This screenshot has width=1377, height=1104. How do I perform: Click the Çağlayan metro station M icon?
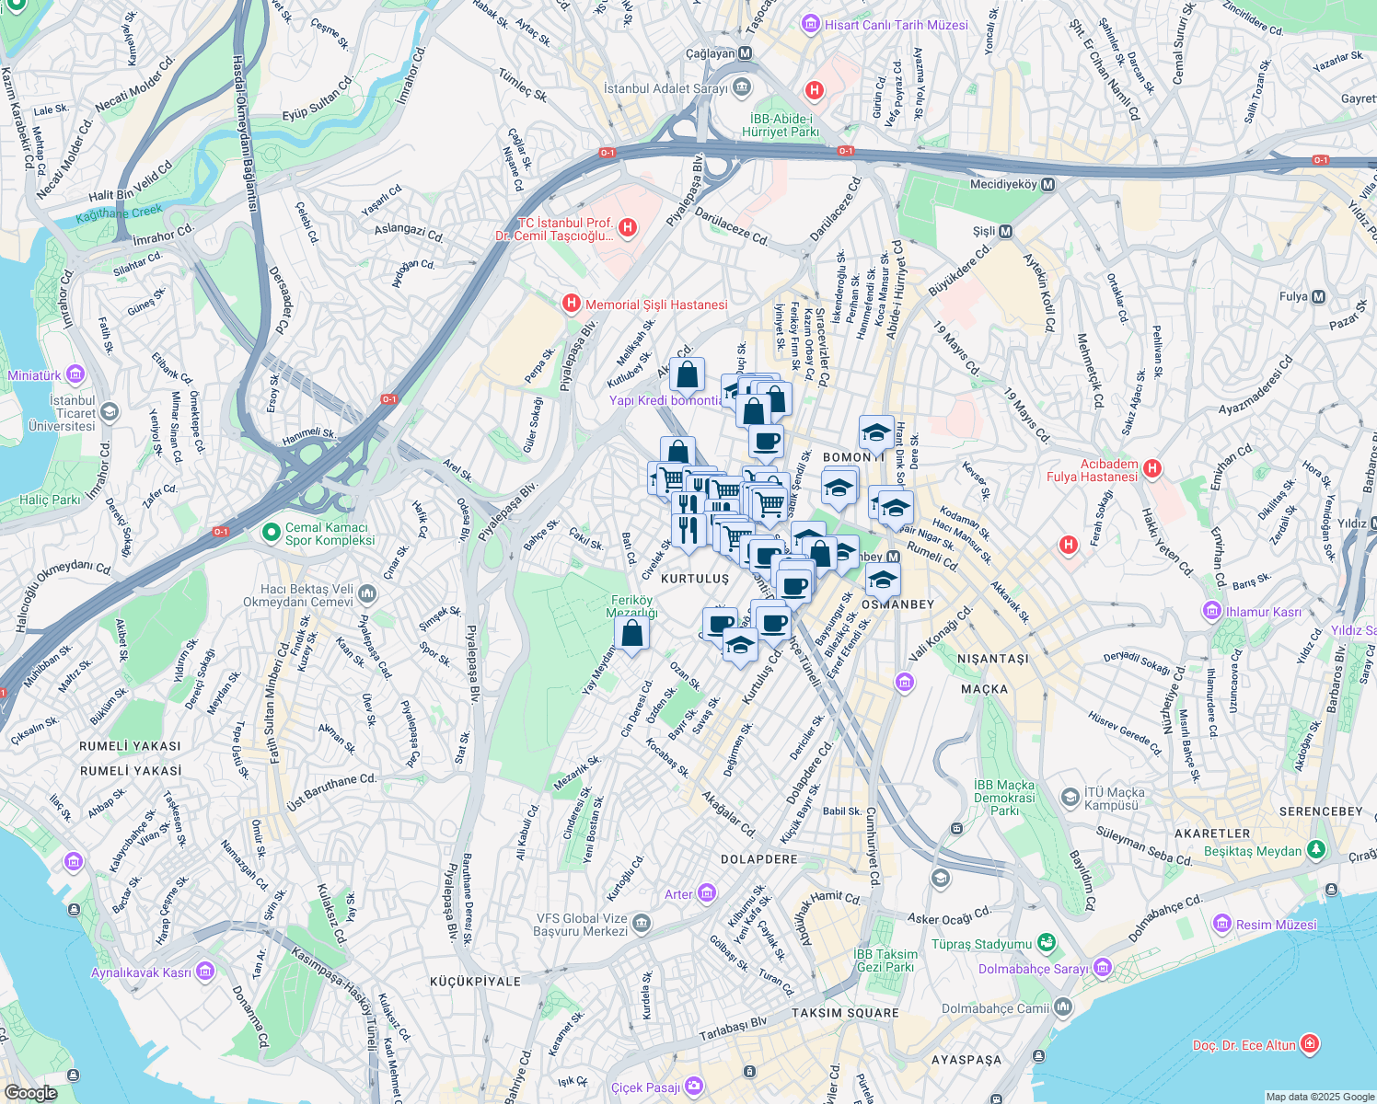tap(746, 53)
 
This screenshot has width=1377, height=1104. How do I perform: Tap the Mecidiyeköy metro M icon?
tap(1047, 184)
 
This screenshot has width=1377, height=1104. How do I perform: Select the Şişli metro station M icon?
tap(1005, 232)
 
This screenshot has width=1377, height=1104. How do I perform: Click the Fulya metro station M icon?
tap(1318, 296)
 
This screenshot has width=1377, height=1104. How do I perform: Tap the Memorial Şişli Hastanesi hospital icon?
tap(572, 304)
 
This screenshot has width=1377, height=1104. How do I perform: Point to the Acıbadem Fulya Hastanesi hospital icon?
tap(1151, 469)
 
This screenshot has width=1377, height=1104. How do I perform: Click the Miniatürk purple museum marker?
tap(75, 374)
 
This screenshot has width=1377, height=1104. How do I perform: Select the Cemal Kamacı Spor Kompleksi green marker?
tap(271, 532)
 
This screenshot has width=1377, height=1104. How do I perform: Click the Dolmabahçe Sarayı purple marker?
tap(1103, 968)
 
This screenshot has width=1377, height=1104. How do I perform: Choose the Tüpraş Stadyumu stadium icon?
tap(1046, 943)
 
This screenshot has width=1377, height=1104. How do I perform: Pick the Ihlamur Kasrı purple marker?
tap(1212, 611)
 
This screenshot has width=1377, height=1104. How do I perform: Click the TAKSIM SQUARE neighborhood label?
tap(845, 1013)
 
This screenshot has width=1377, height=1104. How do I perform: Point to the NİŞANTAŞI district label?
tap(993, 659)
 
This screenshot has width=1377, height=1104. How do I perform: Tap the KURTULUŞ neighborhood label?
tap(695, 579)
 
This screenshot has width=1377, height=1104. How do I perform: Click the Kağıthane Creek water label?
tap(119, 213)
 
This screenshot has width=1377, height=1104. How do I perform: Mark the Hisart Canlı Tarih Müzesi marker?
tap(811, 24)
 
